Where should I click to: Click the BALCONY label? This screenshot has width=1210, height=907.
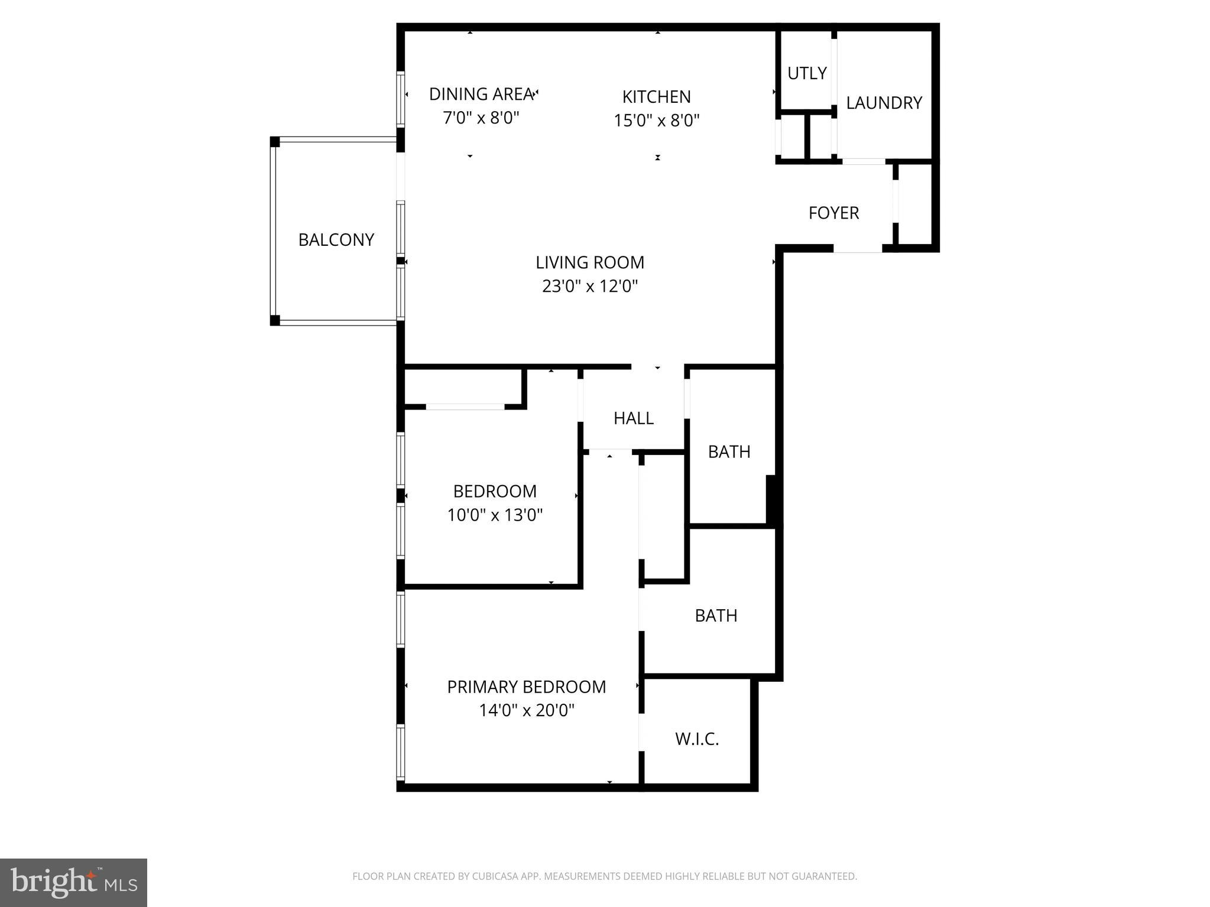336,239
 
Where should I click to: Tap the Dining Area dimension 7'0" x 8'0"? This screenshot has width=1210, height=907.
481,118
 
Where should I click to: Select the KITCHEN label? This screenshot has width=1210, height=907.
656,96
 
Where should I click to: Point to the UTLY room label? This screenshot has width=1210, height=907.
806,73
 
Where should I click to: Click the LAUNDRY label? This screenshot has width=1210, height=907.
883,103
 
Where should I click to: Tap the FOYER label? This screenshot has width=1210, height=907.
833,213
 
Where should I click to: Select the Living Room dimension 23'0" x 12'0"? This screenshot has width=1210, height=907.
589,287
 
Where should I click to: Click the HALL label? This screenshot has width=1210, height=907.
633,418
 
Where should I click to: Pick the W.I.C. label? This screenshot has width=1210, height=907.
696,739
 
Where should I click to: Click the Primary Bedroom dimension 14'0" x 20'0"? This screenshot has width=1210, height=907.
526,710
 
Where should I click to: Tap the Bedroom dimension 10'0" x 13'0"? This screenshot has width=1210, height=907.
494,515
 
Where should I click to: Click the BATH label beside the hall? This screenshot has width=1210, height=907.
729,452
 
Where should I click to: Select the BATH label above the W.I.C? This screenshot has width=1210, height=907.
715,616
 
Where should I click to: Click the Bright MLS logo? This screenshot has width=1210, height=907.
73,882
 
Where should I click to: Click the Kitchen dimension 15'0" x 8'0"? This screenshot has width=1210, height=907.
656,121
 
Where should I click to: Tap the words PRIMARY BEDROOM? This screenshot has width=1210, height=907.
526,687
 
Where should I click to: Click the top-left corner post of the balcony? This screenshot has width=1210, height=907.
275,142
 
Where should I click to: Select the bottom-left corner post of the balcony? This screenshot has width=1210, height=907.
275,321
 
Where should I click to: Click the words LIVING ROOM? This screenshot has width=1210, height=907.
589,262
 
